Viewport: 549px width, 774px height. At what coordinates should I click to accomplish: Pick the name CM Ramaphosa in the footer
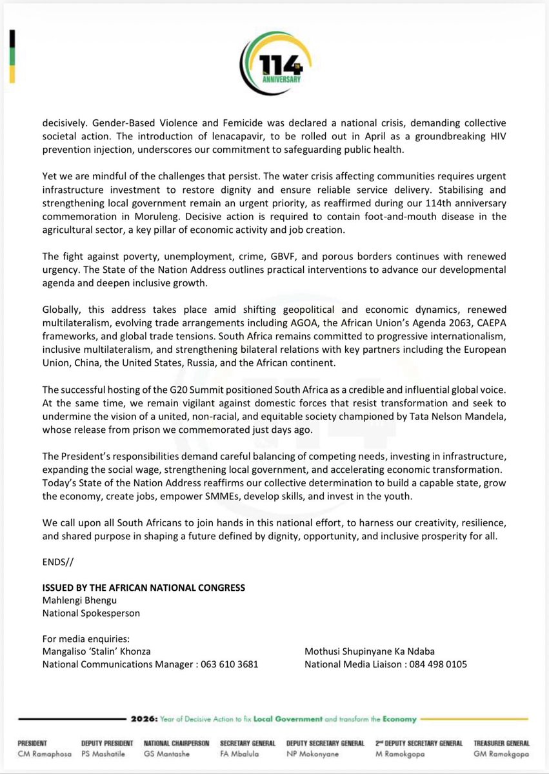pyautogui.click(x=44, y=753)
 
